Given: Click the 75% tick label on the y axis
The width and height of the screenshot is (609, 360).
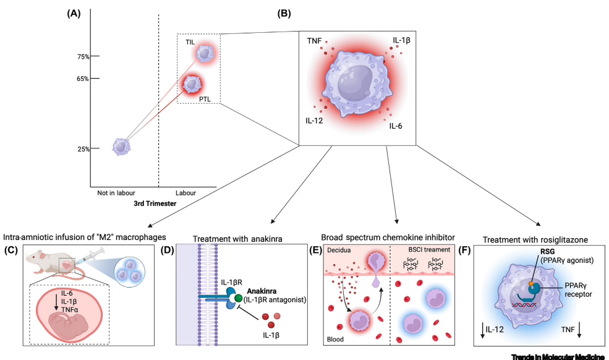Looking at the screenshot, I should (x=83, y=56).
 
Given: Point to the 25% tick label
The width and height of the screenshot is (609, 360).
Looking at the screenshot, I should (x=83, y=149).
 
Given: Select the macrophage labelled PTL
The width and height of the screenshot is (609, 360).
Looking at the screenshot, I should (x=193, y=84).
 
